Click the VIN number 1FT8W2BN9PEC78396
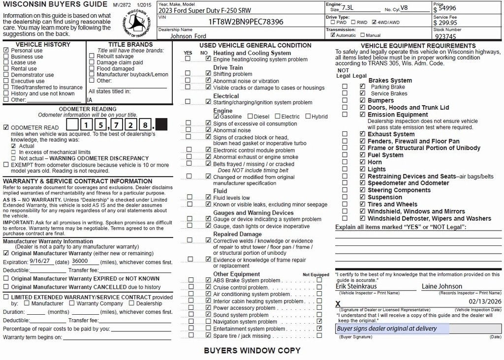[x=246, y=22]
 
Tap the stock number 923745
[x=446, y=36]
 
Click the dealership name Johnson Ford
[x=188, y=36]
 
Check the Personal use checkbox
[x=6, y=51]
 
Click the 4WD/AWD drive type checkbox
[x=375, y=22]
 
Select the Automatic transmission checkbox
[x=333, y=35]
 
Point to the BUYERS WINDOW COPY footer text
[x=252, y=351]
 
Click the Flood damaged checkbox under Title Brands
[x=92, y=69]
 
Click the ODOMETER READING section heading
[x=88, y=109]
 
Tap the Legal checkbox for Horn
[x=363, y=162]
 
